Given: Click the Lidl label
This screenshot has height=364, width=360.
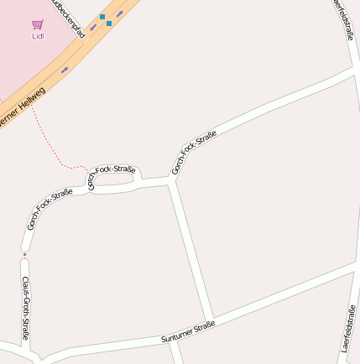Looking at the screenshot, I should point(38,36).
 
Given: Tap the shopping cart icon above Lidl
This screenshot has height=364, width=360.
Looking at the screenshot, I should point(38,25).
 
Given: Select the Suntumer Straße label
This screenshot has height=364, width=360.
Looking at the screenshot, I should point(188,331).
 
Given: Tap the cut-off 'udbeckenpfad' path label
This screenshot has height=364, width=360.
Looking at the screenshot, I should point(69,18).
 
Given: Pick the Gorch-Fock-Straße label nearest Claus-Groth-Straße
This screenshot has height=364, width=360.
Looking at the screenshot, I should point(49,209).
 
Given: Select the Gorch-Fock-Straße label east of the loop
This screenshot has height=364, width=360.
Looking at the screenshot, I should point(194,152).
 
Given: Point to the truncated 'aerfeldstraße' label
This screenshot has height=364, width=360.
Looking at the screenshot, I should point(344,18).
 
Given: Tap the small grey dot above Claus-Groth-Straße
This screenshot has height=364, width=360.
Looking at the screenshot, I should point(25,254).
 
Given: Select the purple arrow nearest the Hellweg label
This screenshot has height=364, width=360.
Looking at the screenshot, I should point(65,70).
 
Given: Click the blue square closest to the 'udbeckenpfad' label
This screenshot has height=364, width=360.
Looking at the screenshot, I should point(102,17).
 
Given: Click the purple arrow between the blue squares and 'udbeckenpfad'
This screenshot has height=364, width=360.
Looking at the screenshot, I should point(93,26).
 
